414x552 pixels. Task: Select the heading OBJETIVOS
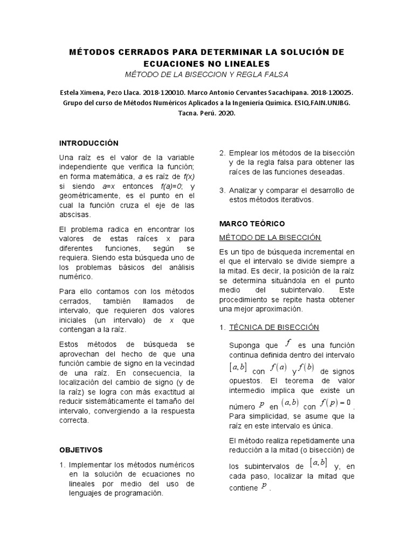pos(80,450)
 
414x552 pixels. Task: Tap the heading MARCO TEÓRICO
pos(252,223)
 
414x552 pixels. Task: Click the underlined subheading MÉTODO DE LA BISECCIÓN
pos(270,237)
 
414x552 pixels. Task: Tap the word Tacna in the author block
pos(187,114)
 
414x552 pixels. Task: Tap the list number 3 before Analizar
pos(222,190)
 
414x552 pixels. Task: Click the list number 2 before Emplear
pos(222,153)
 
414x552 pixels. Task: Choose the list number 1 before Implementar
pos(62,465)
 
